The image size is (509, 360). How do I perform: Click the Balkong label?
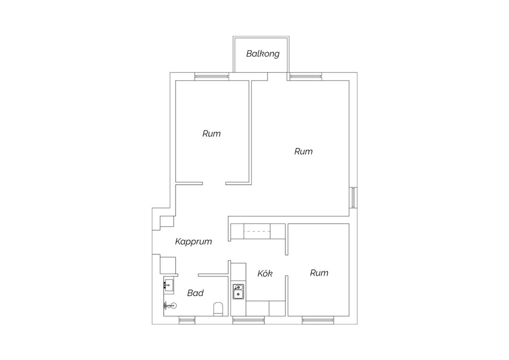click(263, 54)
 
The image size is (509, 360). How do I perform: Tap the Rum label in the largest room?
click(303, 151)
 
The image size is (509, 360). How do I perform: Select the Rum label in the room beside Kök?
click(319, 273)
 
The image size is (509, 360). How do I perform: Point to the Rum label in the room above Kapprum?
click(211, 134)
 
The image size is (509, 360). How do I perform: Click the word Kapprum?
click(193, 242)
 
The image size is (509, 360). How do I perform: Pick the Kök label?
click(265, 273)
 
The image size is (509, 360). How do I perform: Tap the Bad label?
click(195, 293)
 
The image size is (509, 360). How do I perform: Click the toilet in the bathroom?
click(218, 309)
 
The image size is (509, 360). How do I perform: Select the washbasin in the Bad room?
click(169, 285)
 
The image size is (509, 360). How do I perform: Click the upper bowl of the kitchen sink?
click(238, 287)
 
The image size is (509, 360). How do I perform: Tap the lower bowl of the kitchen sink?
click(238, 294)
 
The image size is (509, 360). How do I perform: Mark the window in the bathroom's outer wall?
click(187, 320)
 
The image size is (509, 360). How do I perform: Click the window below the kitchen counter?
click(248, 320)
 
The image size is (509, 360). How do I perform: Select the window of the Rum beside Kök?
click(318, 320)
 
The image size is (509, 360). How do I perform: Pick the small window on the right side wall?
click(353, 198)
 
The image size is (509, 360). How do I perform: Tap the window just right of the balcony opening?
click(306, 76)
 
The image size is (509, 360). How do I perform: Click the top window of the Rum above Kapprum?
click(211, 76)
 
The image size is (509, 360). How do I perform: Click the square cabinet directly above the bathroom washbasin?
click(168, 265)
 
